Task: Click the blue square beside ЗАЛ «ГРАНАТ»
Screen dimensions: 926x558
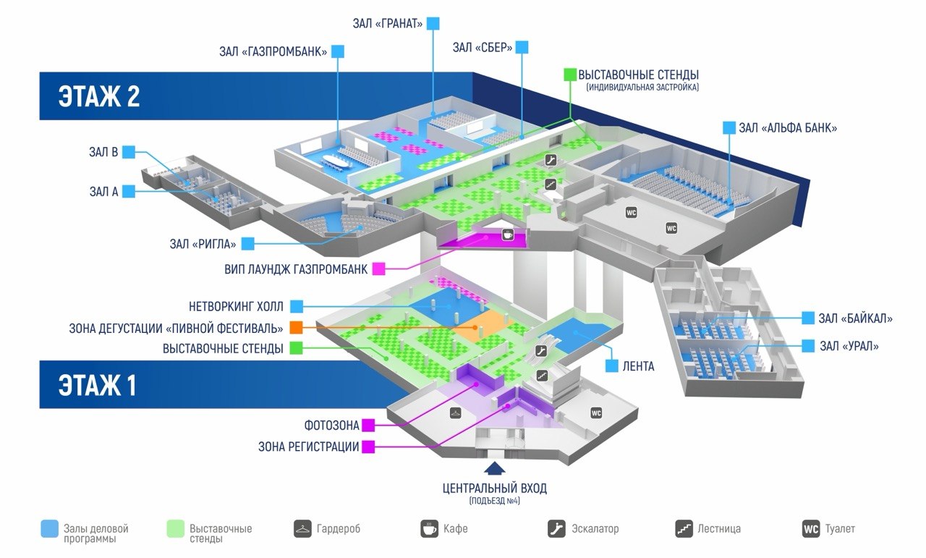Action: (x=433, y=23)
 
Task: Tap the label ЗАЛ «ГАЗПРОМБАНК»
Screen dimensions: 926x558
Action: (x=273, y=51)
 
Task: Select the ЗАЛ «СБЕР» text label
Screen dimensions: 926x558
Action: (x=483, y=48)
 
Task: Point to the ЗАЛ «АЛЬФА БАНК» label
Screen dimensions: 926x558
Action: (x=788, y=128)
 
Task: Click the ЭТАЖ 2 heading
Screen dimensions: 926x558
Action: (x=99, y=96)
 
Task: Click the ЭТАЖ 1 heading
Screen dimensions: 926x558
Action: (x=98, y=385)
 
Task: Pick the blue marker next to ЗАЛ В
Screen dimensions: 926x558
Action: (x=129, y=152)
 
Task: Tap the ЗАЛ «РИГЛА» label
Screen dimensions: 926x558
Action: (x=203, y=244)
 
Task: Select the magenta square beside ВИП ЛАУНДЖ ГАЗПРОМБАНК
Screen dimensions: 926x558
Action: (x=378, y=269)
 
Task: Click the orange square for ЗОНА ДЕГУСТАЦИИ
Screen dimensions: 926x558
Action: (x=296, y=328)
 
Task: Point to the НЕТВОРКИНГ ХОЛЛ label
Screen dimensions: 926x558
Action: (x=236, y=307)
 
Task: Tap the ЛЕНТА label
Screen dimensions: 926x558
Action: (x=638, y=366)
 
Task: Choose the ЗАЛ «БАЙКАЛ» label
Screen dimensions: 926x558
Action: (x=855, y=318)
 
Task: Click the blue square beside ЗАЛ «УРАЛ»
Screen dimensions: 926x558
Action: (x=808, y=346)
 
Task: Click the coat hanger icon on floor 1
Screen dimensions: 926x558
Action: (x=455, y=413)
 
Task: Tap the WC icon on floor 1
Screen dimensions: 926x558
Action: (x=595, y=413)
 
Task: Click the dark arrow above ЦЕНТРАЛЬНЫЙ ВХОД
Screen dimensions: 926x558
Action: (x=494, y=468)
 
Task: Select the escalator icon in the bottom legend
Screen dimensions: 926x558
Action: (x=556, y=529)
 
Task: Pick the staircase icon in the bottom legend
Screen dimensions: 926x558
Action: (x=684, y=529)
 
